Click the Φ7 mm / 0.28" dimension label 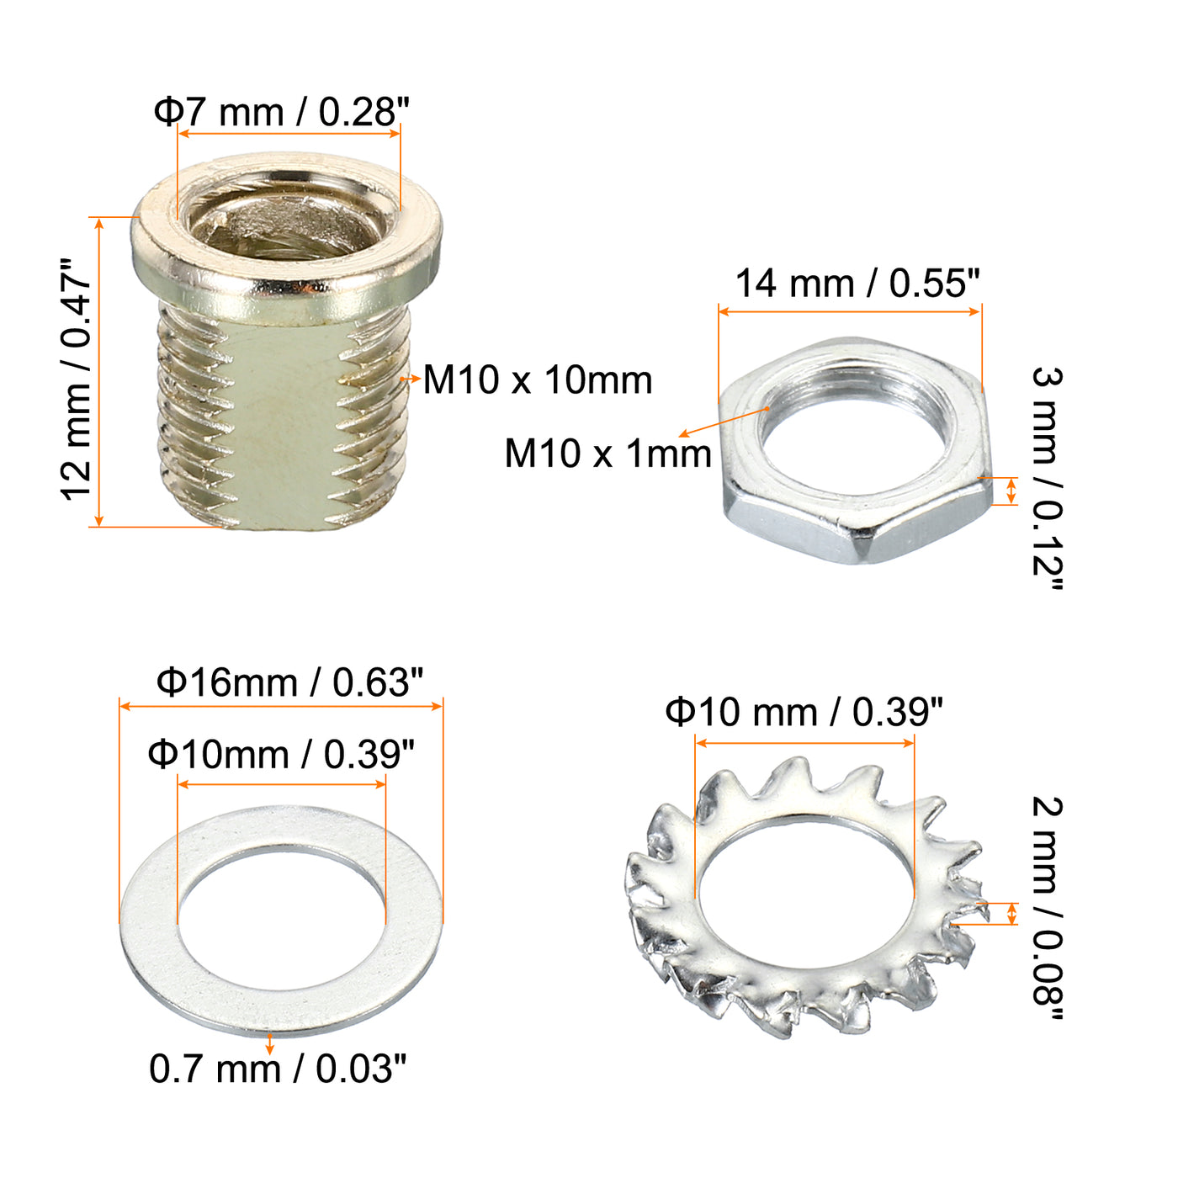(281, 112)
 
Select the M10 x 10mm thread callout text (538, 379)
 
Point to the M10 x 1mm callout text (608, 454)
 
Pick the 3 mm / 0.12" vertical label (1048, 478)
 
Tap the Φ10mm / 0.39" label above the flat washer (281, 754)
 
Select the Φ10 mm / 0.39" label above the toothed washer (804, 712)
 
